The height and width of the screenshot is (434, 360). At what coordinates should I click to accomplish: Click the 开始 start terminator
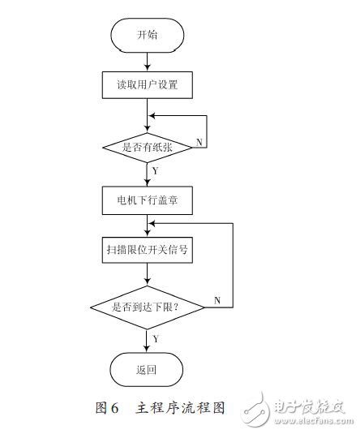pos(147,35)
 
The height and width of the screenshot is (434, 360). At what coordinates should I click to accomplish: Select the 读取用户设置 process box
pos(147,84)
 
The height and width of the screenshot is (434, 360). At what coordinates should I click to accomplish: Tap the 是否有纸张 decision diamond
pos(147,146)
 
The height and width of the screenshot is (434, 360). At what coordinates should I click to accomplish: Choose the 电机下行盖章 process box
pos(147,197)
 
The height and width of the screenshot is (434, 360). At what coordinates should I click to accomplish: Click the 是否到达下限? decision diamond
pos(147,307)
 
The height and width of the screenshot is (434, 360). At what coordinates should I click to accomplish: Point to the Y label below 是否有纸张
pos(155,170)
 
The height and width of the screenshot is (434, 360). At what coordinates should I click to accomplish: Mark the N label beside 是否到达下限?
pos(216,301)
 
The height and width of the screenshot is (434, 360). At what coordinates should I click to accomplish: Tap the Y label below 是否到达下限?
pos(155,337)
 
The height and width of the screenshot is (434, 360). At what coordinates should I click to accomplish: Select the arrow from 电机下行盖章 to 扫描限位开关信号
pos(147,225)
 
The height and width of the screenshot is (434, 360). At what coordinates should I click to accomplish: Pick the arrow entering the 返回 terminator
pos(147,342)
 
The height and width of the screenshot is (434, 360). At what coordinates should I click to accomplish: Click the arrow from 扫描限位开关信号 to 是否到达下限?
pos(147,277)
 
